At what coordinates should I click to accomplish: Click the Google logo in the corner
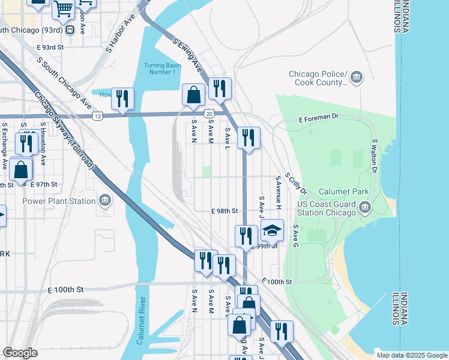tap(20, 353)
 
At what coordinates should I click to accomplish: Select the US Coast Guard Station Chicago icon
tap(365, 208)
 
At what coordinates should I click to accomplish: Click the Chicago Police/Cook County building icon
tap(357, 77)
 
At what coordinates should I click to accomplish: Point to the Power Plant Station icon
tap(105, 200)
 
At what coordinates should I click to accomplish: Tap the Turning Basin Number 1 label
tap(160, 68)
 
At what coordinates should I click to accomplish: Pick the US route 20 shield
tap(208, 113)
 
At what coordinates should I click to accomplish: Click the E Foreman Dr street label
tap(319, 120)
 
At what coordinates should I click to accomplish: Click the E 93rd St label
tap(50, 47)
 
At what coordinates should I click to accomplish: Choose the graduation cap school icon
tap(272, 231)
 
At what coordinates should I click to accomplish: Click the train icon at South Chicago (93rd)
tap(70, 30)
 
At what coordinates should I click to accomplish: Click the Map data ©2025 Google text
tap(411, 355)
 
